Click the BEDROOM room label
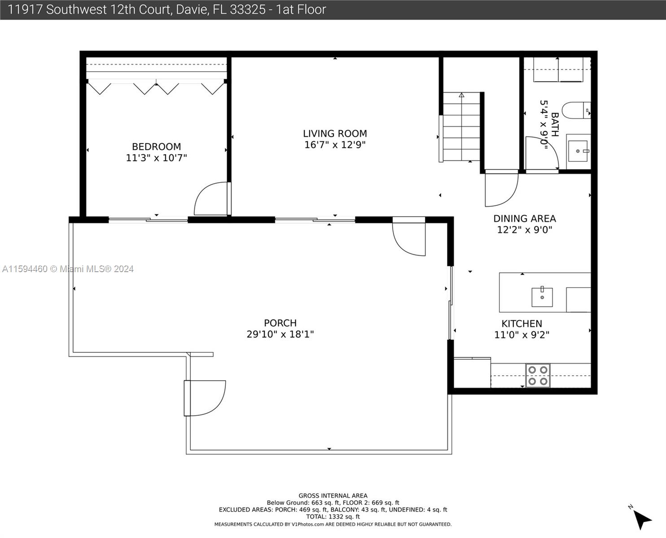(x=156, y=147)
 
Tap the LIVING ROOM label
(x=335, y=133)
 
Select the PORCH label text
(x=280, y=323)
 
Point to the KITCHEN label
(x=522, y=324)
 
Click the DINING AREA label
(x=525, y=219)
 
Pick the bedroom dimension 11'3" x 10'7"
(x=156, y=158)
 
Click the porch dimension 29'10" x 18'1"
(x=280, y=334)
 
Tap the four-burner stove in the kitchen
(x=538, y=375)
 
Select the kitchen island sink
(x=542, y=297)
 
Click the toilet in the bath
(x=576, y=110)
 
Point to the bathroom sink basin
(x=578, y=151)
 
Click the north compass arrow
(x=642, y=520)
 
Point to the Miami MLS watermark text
(x=68, y=269)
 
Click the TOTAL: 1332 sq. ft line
(x=333, y=517)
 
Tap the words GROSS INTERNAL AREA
(x=333, y=495)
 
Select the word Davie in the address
(x=192, y=10)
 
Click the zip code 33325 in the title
(x=248, y=10)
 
